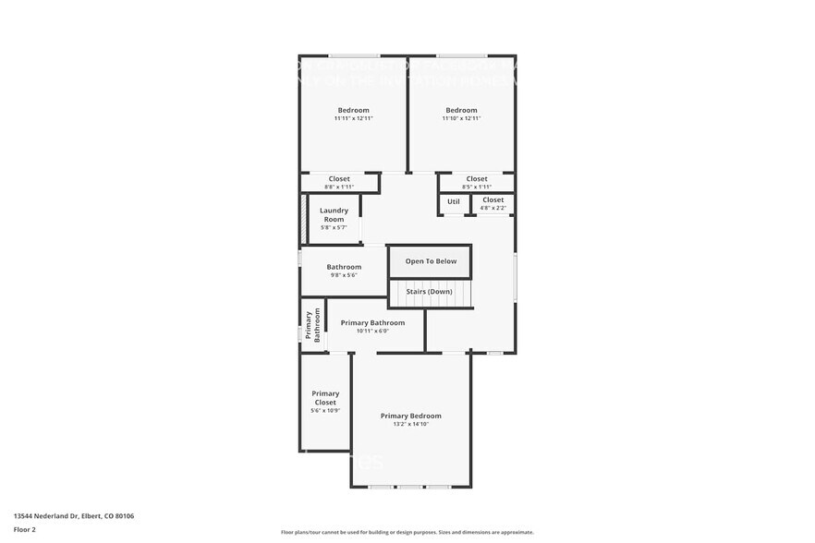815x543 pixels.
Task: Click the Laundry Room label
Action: pos(334,214)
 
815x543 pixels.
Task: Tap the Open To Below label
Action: pos(431,261)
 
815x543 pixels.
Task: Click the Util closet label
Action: pos(454,201)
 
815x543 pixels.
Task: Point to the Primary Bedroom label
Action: pos(411,416)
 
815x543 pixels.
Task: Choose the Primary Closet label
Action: pos(325,398)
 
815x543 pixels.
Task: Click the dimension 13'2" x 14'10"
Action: pos(411,424)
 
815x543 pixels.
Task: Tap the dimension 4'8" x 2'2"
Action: pos(493,208)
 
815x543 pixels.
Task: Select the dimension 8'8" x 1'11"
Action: pos(339,187)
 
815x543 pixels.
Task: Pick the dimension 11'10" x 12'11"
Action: pos(461,118)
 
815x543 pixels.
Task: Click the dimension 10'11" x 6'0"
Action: pos(372,331)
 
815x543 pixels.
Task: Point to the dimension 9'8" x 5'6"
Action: pos(344,275)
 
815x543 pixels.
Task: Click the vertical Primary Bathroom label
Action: pos(312,325)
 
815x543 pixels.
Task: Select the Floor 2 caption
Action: pos(25,530)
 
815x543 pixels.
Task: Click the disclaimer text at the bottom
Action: pos(407,532)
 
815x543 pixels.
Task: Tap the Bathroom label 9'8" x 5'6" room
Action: pos(344,267)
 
